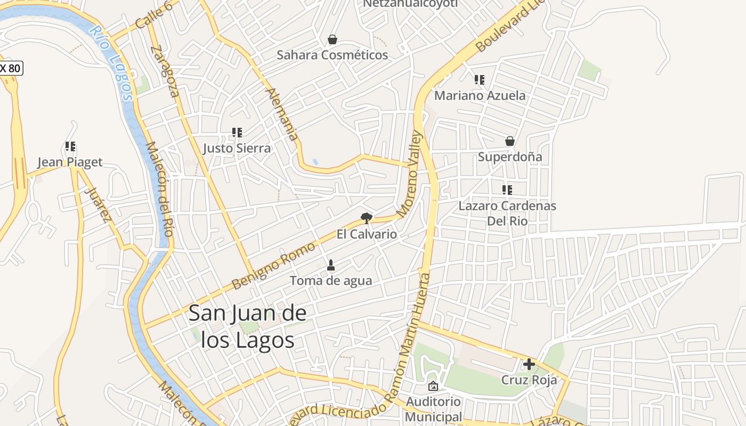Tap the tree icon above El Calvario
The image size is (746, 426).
click(x=366, y=217)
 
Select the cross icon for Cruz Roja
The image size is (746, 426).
click(x=529, y=364)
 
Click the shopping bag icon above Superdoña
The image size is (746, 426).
click(x=510, y=141)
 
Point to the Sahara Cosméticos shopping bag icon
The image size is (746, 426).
click(x=333, y=39)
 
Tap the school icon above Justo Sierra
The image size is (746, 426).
click(x=237, y=132)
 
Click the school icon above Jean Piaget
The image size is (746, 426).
click(x=70, y=146)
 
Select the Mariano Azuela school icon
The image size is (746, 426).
click(x=480, y=80)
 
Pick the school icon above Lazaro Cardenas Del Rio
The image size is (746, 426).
click(x=507, y=190)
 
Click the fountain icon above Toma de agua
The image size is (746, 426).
click(x=331, y=265)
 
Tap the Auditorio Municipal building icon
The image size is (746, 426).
click(x=433, y=386)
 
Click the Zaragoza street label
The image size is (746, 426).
click(x=165, y=71)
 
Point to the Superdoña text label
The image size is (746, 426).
click(x=510, y=157)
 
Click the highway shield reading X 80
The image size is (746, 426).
click(x=11, y=68)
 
